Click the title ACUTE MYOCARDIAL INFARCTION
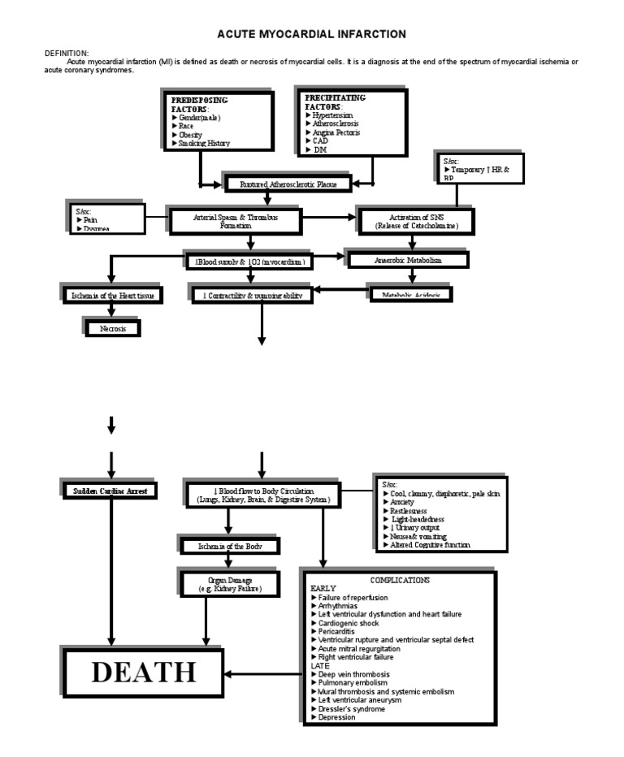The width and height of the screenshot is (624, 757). tap(311, 34)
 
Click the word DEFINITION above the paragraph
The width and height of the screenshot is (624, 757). tap(67, 53)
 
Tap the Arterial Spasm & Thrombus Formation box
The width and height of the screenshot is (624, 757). tap(235, 221)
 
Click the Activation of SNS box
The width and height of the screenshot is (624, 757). tap(415, 221)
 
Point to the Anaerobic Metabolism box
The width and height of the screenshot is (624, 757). tap(408, 260)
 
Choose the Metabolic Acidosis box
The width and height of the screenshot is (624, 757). tap(411, 295)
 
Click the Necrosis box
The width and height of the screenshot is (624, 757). tap(113, 328)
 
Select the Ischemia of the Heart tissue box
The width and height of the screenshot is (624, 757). tap(112, 295)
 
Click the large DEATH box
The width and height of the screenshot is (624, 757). tap(143, 673)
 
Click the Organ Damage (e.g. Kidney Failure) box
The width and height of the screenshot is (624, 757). tap(231, 584)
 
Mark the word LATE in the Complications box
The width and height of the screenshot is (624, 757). tap(320, 665)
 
